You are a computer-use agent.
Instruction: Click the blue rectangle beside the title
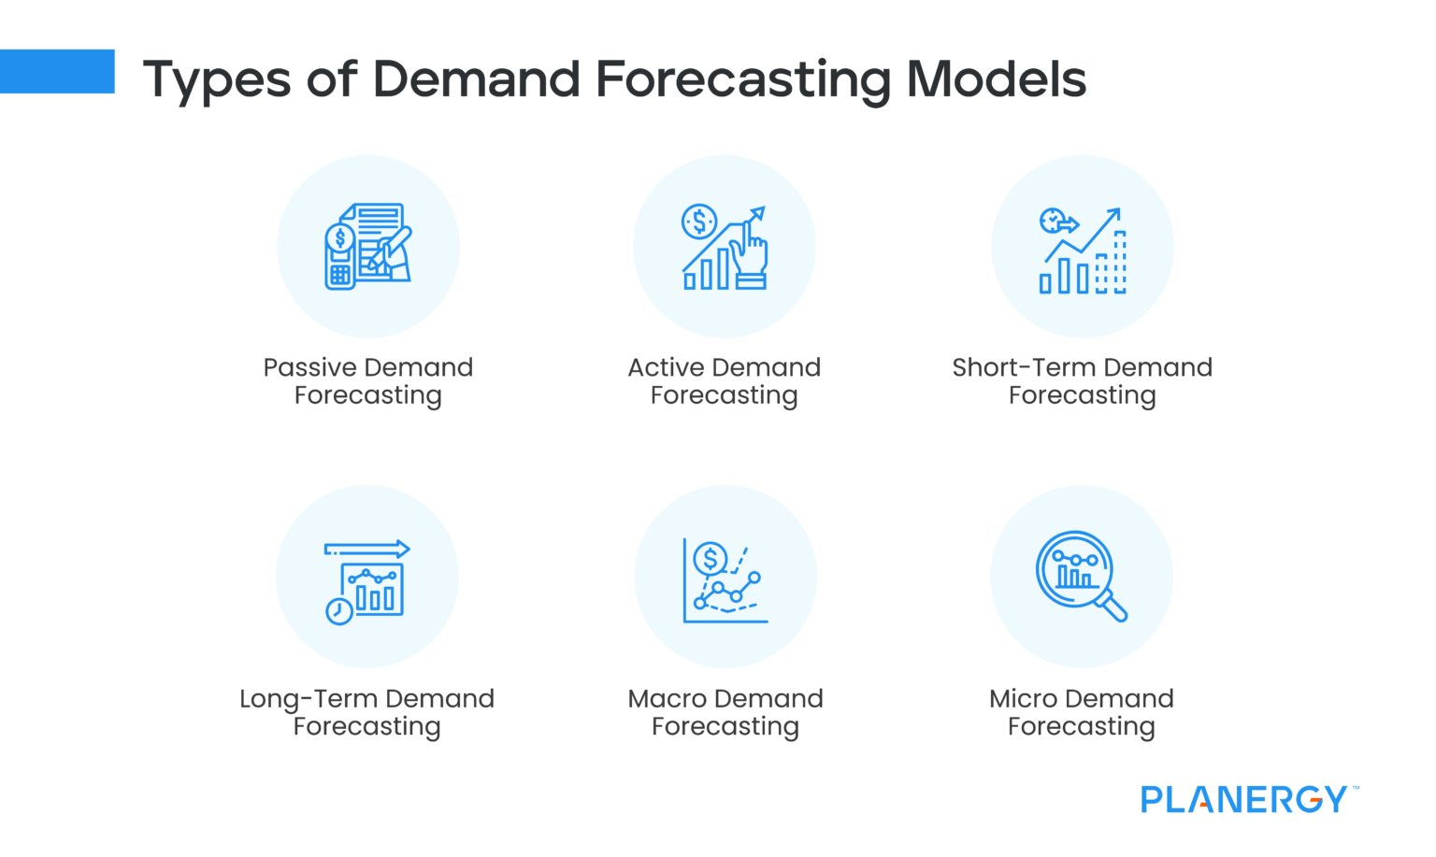pyautogui.click(x=57, y=71)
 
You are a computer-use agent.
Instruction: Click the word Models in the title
pyautogui.click(x=996, y=79)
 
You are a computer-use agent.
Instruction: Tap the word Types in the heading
pyautogui.click(x=216, y=80)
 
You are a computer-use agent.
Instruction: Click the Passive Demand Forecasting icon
pyautogui.click(x=368, y=247)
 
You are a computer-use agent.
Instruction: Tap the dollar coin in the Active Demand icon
pyautogui.click(x=699, y=222)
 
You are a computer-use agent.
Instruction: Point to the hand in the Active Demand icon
pyautogui.click(x=749, y=252)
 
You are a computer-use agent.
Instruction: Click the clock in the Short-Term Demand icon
pyautogui.click(x=1052, y=221)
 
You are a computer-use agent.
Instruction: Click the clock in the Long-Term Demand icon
pyautogui.click(x=338, y=611)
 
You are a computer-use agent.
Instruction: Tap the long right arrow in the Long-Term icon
pyautogui.click(x=366, y=550)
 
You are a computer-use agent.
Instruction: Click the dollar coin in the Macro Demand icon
pyautogui.click(x=711, y=559)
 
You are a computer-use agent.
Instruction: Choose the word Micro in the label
pyautogui.click(x=1023, y=699)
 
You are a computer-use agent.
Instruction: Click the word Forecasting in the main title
pyautogui.click(x=742, y=80)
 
